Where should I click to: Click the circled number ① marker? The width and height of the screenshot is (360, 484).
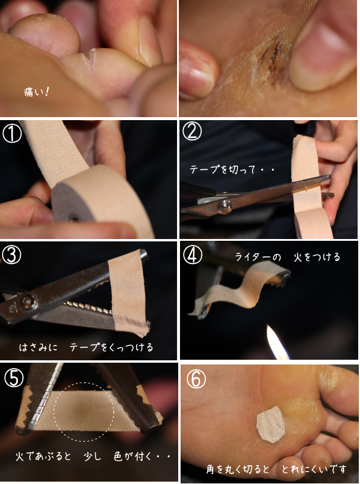coord(12,133)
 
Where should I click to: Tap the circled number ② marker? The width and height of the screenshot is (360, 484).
coord(192,131)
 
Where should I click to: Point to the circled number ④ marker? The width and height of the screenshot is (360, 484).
coord(192,254)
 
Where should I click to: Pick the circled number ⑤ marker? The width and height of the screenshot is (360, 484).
coord(14,378)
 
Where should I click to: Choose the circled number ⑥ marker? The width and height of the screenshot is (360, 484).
coord(196,379)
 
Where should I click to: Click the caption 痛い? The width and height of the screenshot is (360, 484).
coord(36,92)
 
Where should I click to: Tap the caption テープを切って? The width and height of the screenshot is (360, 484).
coord(220,169)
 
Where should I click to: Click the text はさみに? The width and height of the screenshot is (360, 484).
coord(38,347)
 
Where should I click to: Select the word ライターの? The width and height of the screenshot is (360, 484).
coord(258,257)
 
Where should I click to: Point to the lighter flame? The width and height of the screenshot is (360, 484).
coord(277,342)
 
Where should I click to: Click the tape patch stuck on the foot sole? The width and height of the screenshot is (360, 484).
coord(270,424)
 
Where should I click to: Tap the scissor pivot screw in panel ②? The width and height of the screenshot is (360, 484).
coord(225,206)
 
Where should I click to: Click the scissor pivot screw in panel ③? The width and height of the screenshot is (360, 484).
coord(29,302)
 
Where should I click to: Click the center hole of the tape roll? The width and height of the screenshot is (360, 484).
coord(73,219)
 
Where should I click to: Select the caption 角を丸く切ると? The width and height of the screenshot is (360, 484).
coord(238,469)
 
